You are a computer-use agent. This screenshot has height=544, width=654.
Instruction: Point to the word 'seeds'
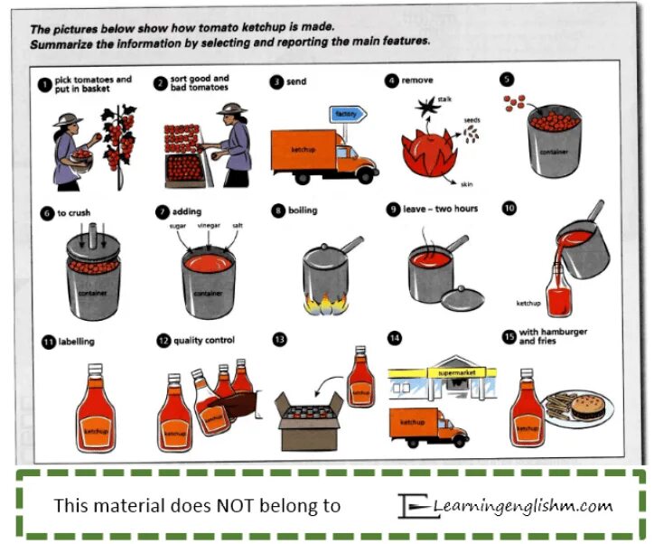pos(472,119)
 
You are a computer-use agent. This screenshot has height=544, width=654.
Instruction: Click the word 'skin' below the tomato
pos(464,183)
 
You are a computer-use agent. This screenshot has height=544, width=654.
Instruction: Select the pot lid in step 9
pos(462,295)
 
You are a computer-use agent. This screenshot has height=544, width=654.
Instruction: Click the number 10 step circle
pos(509,209)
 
